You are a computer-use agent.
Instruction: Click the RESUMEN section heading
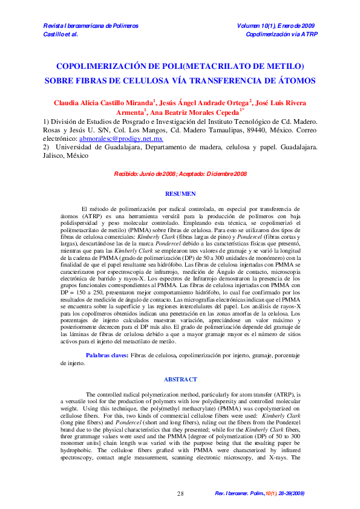pyautogui.click(x=180, y=193)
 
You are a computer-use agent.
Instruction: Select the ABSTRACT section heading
pyautogui.click(x=180, y=379)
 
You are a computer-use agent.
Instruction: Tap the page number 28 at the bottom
pyautogui.click(x=180, y=494)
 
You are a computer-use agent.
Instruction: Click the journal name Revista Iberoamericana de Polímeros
pyautogui.click(x=91, y=26)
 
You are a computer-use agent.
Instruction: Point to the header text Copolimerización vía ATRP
pyautogui.click(x=281, y=34)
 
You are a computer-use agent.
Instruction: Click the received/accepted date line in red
pyautogui.click(x=180, y=174)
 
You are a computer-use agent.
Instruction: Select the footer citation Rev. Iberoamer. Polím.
pyautogui.click(x=239, y=494)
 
